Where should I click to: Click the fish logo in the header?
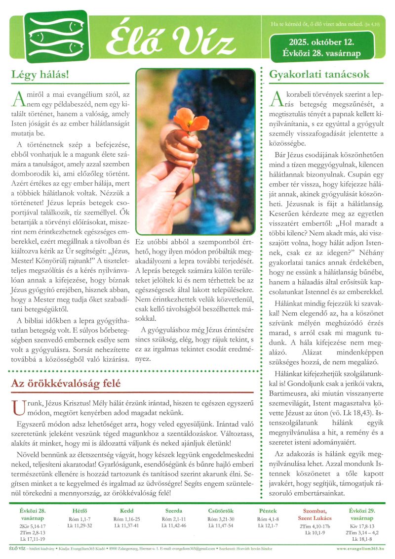point(49,37)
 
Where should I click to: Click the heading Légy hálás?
point(40,75)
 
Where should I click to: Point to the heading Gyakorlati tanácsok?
point(319,75)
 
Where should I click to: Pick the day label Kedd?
point(126,511)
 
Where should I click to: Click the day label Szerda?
point(174,511)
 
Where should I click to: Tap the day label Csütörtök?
point(221,511)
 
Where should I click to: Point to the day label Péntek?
point(268,511)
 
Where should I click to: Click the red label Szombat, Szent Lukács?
point(314,514)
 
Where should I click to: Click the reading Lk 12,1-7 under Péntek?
point(268,525)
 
